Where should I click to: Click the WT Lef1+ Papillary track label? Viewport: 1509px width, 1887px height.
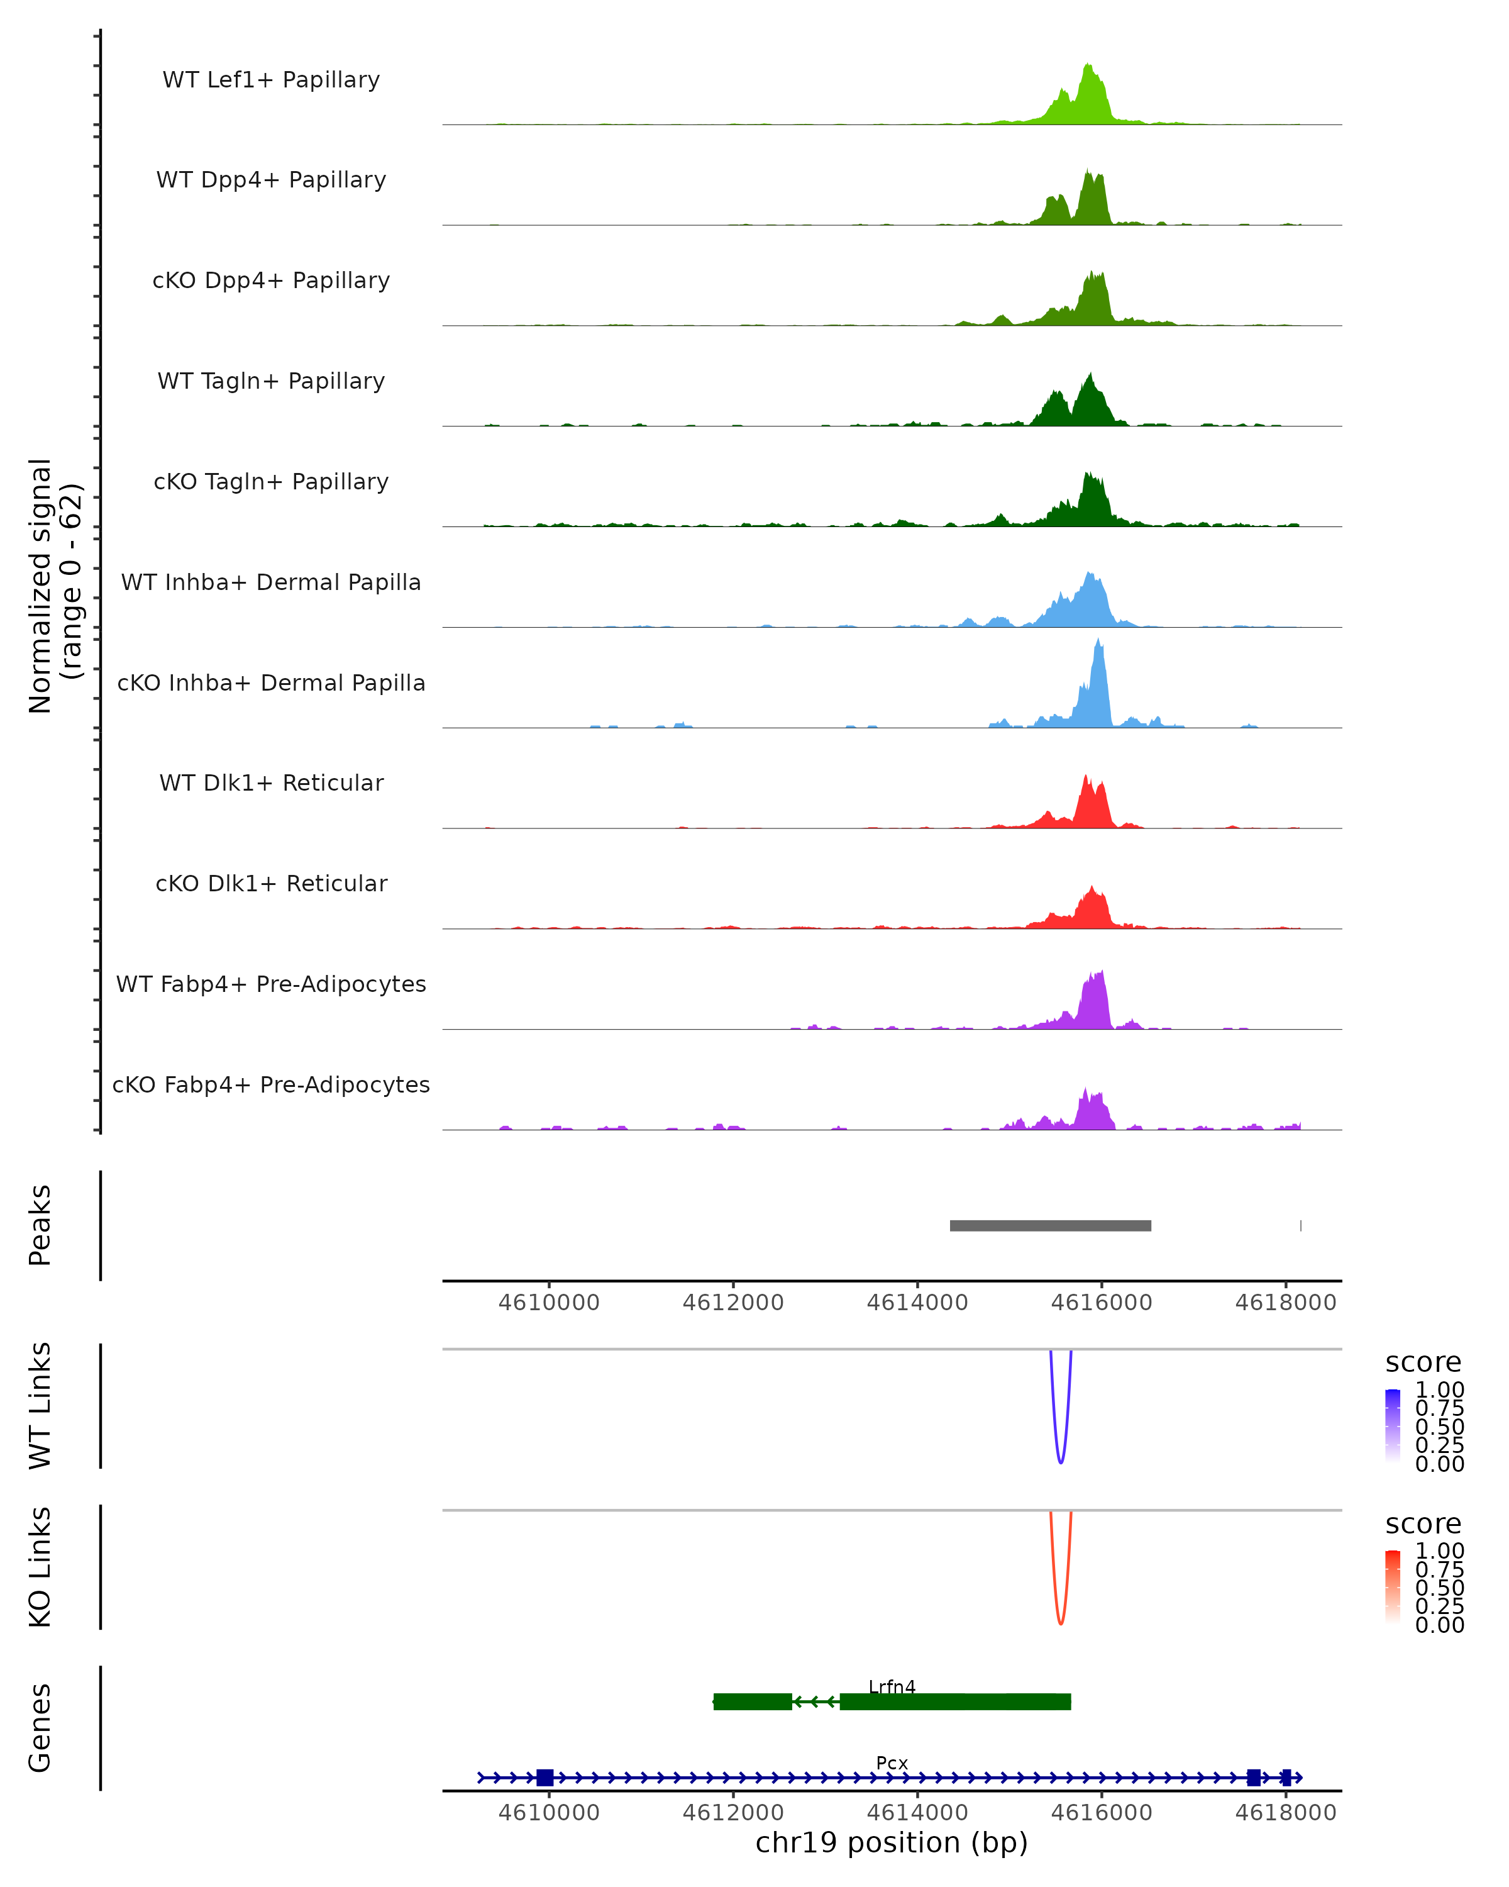[x=271, y=80]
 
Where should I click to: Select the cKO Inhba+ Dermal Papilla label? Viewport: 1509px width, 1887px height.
[x=271, y=682]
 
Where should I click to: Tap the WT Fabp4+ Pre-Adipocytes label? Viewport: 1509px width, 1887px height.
[x=271, y=984]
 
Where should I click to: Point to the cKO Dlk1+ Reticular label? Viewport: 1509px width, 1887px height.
[x=271, y=883]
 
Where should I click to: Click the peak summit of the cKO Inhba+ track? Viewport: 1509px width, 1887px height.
[x=1098, y=642]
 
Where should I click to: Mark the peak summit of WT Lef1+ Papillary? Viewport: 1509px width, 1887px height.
[x=1087, y=65]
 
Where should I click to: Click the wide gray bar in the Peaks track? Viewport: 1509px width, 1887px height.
[x=1050, y=1225]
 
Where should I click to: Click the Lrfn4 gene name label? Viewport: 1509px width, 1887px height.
[x=892, y=1686]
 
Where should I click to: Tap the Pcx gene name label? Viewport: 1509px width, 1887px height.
[x=892, y=1762]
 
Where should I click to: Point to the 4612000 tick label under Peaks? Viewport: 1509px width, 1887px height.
[x=733, y=1303]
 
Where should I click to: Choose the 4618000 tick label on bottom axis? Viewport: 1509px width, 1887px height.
[x=1285, y=1813]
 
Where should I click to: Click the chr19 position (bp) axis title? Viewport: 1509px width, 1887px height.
[x=892, y=1843]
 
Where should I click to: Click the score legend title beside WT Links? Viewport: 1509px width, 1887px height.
[x=1422, y=1363]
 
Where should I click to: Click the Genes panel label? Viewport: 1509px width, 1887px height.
[x=40, y=1728]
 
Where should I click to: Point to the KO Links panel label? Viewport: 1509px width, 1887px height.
[x=40, y=1567]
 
